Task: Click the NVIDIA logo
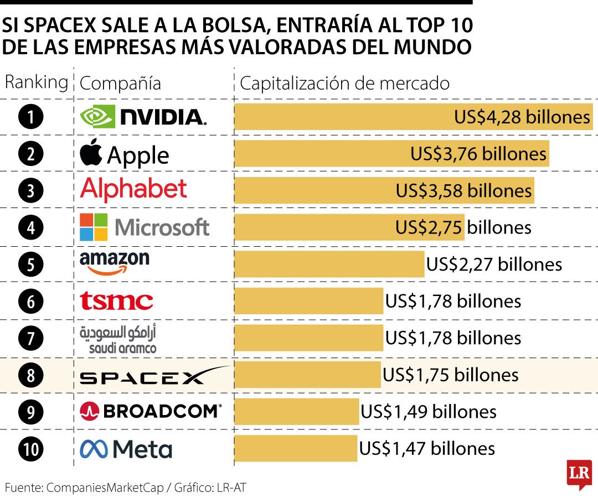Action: point(143,117)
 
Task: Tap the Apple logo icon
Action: point(91,153)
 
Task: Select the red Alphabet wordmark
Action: point(133,189)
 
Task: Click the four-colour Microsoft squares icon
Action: point(94,227)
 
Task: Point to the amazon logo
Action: point(115,262)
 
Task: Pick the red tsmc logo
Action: point(116,301)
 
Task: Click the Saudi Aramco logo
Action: point(118,339)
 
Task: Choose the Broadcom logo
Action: point(151,411)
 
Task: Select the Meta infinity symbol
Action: point(93,448)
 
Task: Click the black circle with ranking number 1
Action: point(31,117)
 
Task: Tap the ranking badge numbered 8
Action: point(31,376)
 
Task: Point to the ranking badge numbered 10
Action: point(31,449)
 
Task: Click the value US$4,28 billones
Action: point(522,117)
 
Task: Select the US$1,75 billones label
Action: point(450,375)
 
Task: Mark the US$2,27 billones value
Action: point(493,264)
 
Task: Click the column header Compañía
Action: point(120,84)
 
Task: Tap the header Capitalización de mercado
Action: point(344,84)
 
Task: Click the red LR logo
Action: point(579,474)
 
